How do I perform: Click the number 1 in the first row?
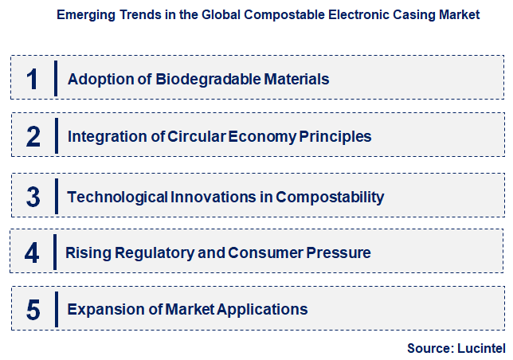[x=32, y=78]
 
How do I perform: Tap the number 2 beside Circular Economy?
[x=33, y=136]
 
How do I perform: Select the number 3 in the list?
[x=33, y=197]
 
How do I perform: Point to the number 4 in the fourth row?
[x=32, y=253]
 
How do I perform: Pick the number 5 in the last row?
[x=33, y=309]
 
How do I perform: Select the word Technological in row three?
[x=116, y=197]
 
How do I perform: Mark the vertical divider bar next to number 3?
[x=57, y=197]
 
